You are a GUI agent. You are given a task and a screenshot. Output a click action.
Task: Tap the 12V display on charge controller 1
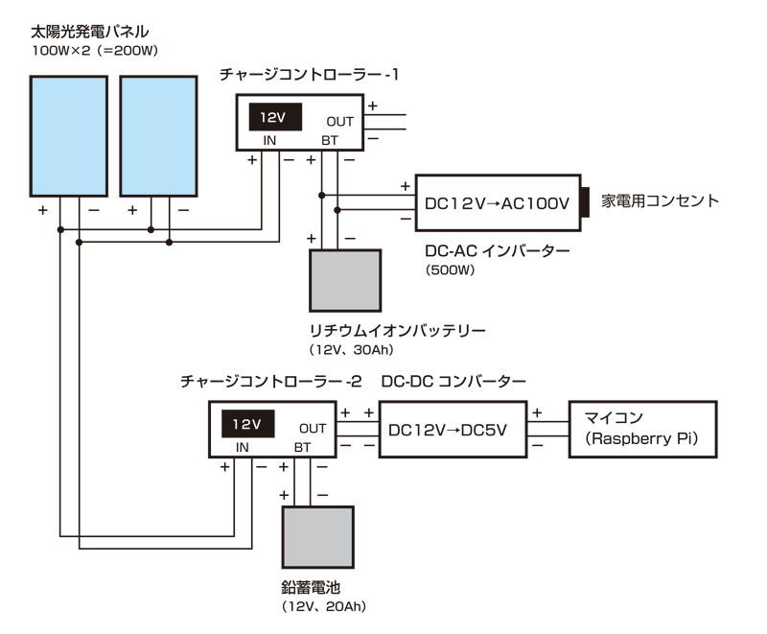coord(273,117)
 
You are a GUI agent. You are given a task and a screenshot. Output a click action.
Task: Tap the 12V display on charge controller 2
coord(246,424)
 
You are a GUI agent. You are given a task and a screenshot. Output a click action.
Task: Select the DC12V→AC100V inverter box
coord(497,203)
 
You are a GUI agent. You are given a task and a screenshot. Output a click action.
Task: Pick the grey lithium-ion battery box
coord(345,280)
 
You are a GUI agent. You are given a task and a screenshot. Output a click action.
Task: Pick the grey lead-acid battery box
coord(317,537)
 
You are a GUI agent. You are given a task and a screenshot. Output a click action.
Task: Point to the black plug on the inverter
coord(587,203)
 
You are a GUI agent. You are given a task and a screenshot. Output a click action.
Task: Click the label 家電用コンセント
coord(659,201)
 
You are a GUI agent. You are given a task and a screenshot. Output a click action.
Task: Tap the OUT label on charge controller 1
coord(339,122)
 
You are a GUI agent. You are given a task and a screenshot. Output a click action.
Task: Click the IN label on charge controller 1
coord(271,141)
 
